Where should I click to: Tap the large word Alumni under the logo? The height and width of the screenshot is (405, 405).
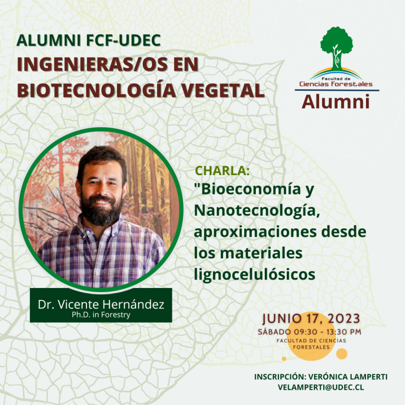tap(335, 101)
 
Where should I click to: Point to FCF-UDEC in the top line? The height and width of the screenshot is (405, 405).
tap(123, 40)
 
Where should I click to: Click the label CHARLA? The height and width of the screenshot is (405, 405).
tap(223, 170)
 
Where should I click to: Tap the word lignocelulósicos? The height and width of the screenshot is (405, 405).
tap(255, 274)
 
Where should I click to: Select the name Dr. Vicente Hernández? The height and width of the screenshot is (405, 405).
tap(101, 304)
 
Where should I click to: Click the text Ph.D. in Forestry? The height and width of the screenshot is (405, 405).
tap(101, 315)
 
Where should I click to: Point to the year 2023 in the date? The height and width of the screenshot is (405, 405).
tap(344, 319)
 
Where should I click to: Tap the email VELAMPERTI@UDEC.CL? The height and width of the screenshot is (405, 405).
tap(321, 387)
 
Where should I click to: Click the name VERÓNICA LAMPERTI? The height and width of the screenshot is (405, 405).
tap(348, 377)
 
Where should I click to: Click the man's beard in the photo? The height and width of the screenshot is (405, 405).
tap(101, 209)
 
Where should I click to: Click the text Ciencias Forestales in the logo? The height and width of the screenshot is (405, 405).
tap(336, 84)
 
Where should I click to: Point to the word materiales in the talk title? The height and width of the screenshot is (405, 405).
tap(261, 253)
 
